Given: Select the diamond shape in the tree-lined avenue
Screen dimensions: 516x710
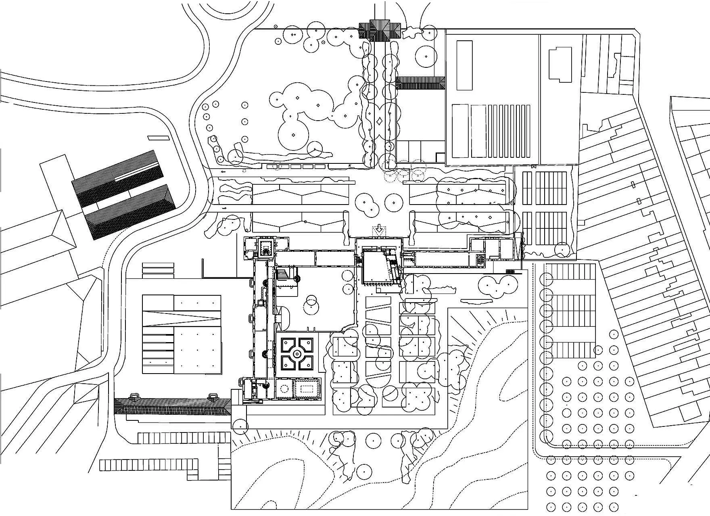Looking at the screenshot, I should pyautogui.click(x=380, y=121).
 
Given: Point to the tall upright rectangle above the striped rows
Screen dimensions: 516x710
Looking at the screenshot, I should pyautogui.click(x=464, y=65).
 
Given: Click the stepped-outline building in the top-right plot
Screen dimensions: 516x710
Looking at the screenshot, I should pyautogui.click(x=561, y=65).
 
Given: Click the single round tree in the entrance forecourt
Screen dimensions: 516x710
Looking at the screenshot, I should pyautogui.click(x=392, y=201).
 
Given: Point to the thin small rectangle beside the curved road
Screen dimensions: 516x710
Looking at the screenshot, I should pyautogui.click(x=157, y=138).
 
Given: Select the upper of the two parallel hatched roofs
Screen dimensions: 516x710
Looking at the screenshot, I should pyautogui.click(x=119, y=178).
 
